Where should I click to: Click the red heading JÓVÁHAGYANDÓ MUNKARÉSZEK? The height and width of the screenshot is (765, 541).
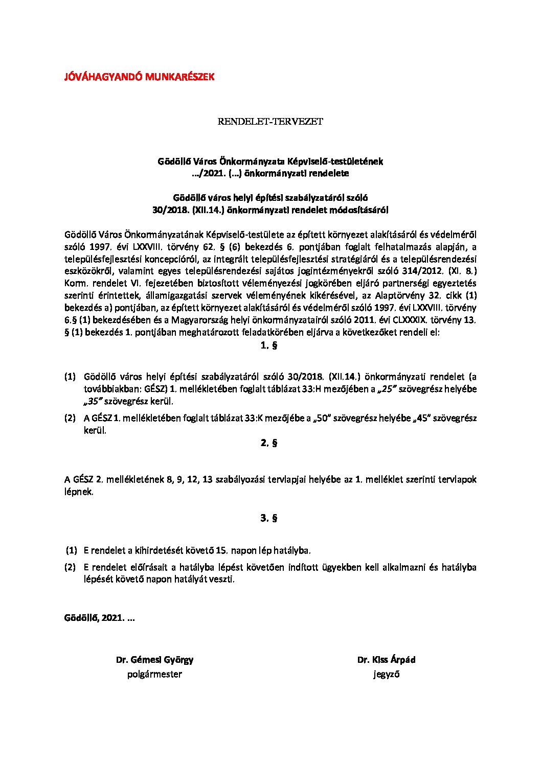(139, 77)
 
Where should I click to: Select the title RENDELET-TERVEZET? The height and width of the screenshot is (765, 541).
(270, 122)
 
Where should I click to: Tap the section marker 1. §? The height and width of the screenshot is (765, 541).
(269, 345)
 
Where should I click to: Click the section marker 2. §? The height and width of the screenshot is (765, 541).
(269, 443)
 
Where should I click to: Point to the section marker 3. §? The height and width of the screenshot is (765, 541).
(269, 518)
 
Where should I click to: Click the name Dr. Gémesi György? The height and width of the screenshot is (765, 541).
(154, 660)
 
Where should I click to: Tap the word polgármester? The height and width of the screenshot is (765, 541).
(154, 675)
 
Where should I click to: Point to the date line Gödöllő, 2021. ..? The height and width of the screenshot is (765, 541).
(99, 618)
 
